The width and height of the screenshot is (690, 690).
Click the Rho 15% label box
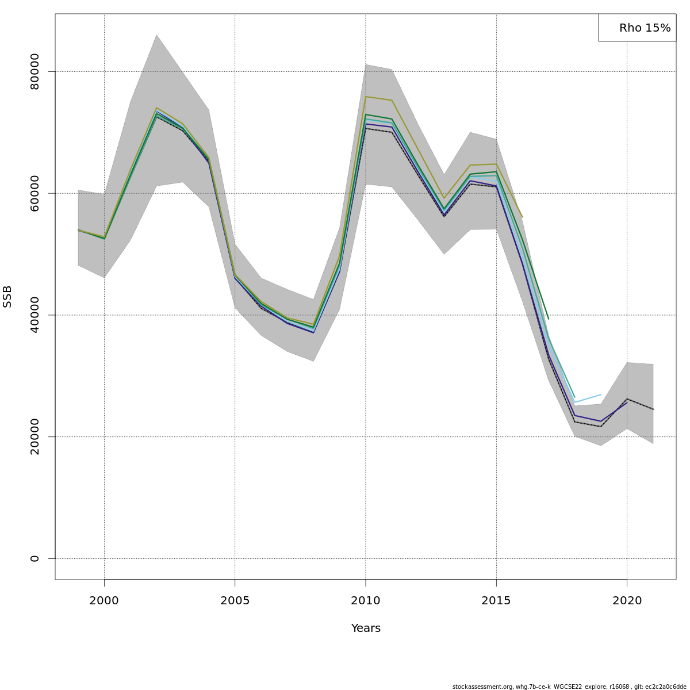tap(637, 28)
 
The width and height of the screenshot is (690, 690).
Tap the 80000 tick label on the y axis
tap(35, 71)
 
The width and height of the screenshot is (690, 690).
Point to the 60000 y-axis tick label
tap(35, 193)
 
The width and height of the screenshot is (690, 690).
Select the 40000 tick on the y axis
tap(35, 315)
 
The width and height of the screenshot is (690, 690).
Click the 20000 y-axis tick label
tap(35, 436)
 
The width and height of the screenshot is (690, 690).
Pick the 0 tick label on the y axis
tap(35, 558)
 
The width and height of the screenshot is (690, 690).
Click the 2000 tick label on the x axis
tap(104, 601)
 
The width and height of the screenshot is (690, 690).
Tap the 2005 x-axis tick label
tap(235, 601)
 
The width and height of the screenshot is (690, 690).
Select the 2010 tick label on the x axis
tap(366, 601)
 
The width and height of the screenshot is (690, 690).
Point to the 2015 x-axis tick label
tap(496, 601)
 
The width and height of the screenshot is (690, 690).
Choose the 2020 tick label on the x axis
tap(627, 601)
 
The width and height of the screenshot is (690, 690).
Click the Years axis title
tap(366, 628)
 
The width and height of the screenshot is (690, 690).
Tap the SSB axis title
tap(7, 296)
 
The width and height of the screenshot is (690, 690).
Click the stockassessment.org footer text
tap(569, 687)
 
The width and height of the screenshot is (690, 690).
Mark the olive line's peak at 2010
tap(366, 97)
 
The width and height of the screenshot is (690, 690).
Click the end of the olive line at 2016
tap(522, 217)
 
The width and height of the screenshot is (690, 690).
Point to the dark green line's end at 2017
tap(549, 319)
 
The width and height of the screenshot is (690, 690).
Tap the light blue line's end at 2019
tap(601, 394)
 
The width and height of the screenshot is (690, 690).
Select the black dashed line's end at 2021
tap(653, 409)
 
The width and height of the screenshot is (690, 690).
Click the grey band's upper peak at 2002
tap(156, 35)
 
